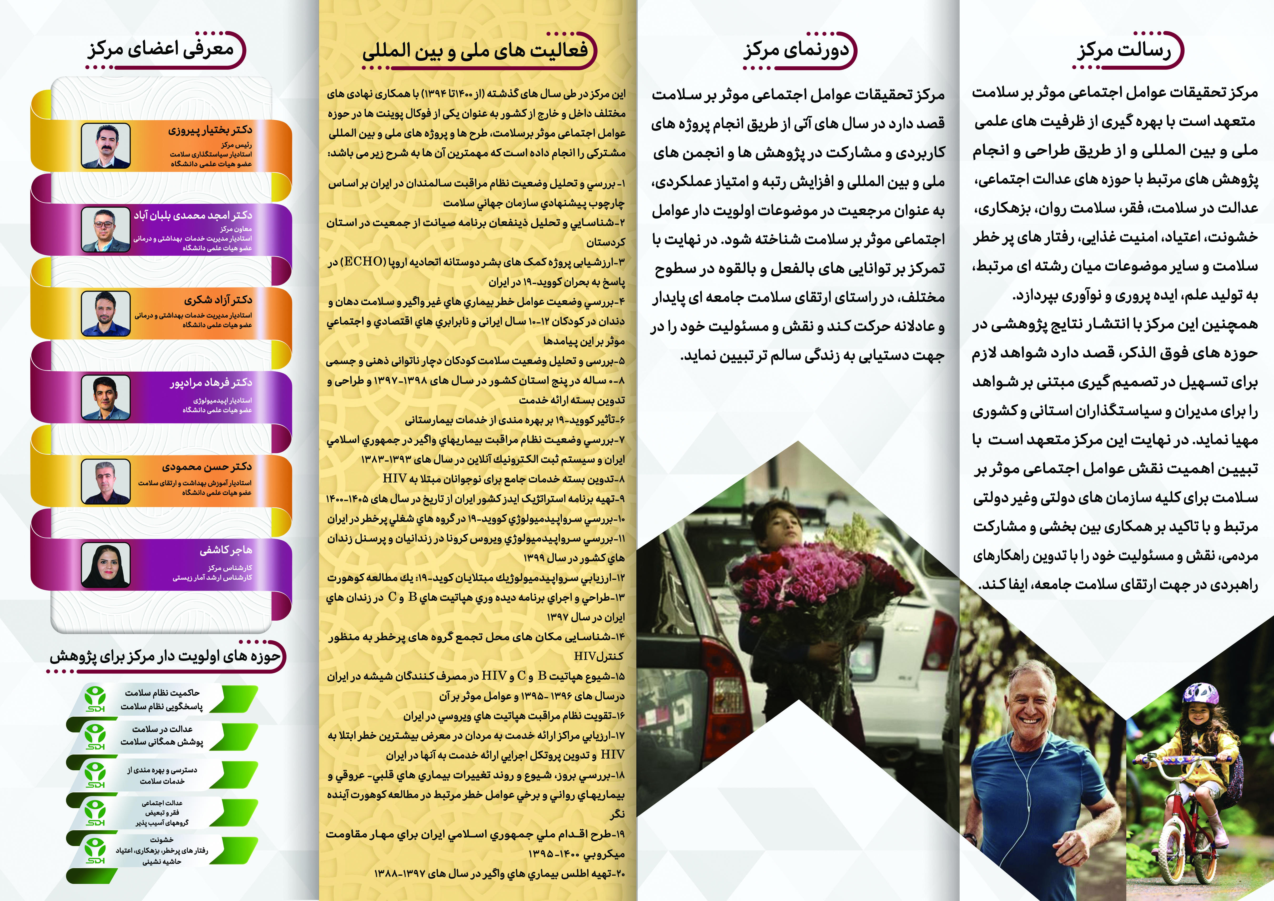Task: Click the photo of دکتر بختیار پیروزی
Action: [x=105, y=145]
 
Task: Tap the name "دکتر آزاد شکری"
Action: [x=218, y=300]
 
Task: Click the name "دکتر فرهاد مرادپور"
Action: [x=211, y=382]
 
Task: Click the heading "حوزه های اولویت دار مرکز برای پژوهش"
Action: [x=165, y=656]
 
